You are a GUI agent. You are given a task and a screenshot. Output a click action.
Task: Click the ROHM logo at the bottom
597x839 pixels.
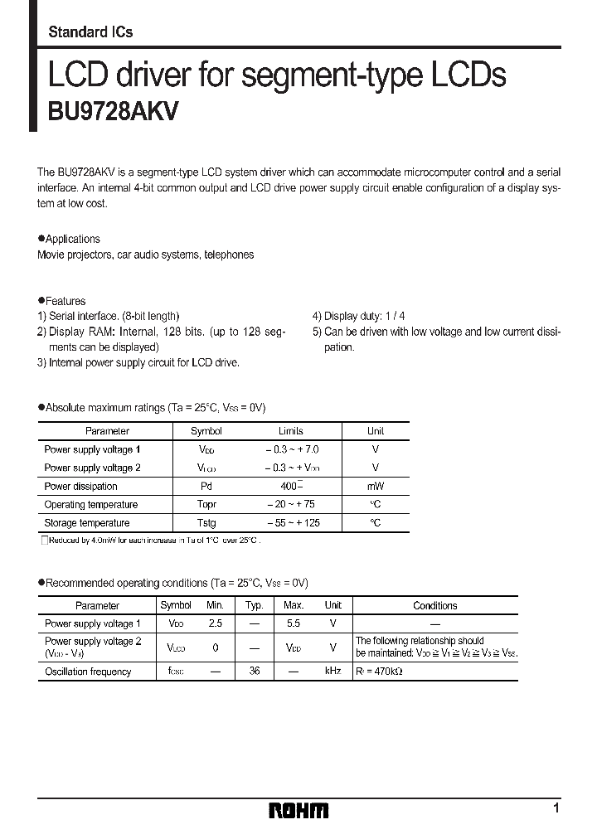(x=298, y=810)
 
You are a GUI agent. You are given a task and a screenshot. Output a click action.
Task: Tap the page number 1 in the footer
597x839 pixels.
(x=556, y=807)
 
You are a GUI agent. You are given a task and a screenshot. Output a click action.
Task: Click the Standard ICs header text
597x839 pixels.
(x=90, y=32)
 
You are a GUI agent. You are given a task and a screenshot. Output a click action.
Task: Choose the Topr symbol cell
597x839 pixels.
(x=206, y=505)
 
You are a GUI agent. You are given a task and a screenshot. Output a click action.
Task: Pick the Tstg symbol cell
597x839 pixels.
(x=206, y=523)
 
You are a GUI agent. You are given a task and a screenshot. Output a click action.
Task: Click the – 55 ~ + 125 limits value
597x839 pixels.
(x=293, y=523)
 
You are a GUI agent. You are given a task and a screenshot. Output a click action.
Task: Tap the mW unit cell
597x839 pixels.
(x=376, y=487)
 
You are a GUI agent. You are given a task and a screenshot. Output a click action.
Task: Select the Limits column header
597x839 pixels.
(x=291, y=431)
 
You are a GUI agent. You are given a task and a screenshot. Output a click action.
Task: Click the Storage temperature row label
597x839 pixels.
(x=87, y=523)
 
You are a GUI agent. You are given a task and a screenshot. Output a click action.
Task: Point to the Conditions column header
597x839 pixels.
(x=434, y=606)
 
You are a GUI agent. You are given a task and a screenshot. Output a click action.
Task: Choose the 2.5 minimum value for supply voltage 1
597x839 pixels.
(x=216, y=623)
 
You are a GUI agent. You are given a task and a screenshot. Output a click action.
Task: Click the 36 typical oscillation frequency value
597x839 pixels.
(x=255, y=671)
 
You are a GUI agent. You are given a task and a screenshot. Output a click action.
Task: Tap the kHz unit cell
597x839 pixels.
(x=332, y=671)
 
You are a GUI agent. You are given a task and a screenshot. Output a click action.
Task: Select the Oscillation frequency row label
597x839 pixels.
(x=88, y=672)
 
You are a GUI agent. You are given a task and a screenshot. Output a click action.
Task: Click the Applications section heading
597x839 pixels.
(x=72, y=239)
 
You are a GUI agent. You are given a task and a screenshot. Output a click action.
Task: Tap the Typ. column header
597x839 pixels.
(x=255, y=606)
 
